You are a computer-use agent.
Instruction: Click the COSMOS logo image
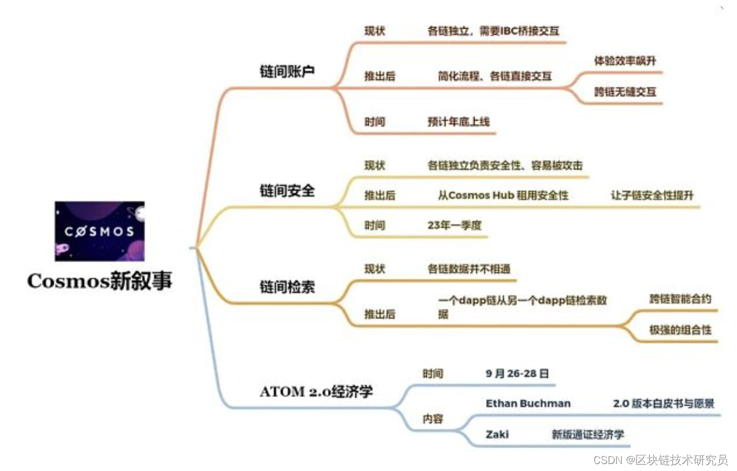tap(99, 231)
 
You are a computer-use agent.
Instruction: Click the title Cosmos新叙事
tap(99, 281)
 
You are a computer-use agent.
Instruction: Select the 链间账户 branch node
tap(287, 72)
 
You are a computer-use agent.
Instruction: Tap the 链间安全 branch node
tap(287, 190)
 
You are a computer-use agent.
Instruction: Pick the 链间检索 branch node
tap(287, 286)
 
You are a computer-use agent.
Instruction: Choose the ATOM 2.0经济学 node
tap(316, 391)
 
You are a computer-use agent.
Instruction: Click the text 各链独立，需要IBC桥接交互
tap(493, 31)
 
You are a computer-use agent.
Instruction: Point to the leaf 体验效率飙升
tap(625, 60)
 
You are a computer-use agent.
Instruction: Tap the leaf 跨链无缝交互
tap(625, 92)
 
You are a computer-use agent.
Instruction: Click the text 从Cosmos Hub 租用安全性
tap(503, 195)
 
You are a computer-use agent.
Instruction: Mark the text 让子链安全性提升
tap(652, 195)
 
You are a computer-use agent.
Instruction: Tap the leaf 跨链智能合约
tap(680, 299)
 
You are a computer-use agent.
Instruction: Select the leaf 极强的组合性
tap(680, 330)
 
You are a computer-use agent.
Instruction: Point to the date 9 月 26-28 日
tap(517, 373)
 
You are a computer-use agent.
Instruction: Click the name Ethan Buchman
tap(528, 403)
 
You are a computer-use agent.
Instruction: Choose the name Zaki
tap(497, 434)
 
